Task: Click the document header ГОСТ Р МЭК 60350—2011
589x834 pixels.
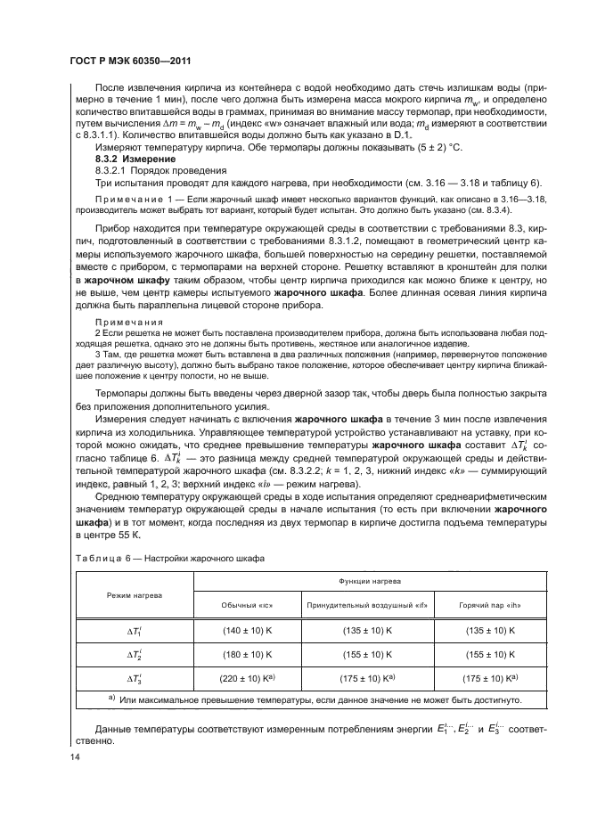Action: coord(133,61)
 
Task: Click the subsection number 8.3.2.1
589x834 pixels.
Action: coord(114,168)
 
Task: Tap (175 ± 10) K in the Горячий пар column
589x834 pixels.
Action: coord(489,678)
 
